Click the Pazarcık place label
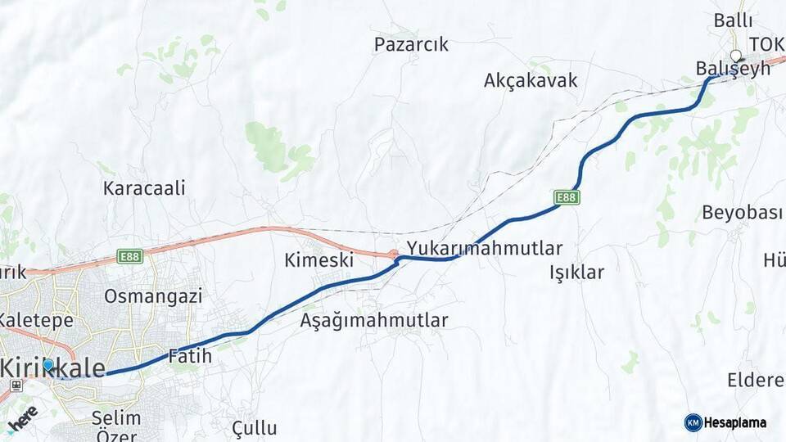[411, 44]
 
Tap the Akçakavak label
[531, 80]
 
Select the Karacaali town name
[144, 187]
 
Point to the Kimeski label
[318, 260]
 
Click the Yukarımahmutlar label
[485, 248]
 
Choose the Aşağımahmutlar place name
[374, 320]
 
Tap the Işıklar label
[576, 273]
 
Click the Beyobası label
[743, 212]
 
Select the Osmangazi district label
[153, 295]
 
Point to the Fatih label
[189, 356]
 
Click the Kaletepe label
[36, 319]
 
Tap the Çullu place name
[254, 427]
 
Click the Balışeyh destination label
[734, 69]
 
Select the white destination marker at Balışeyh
[735, 56]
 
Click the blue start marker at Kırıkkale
[48, 365]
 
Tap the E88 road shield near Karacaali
[129, 256]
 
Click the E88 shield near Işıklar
[567, 197]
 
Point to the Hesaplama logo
[725, 422]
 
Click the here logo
[22, 417]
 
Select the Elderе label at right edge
[755, 381]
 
